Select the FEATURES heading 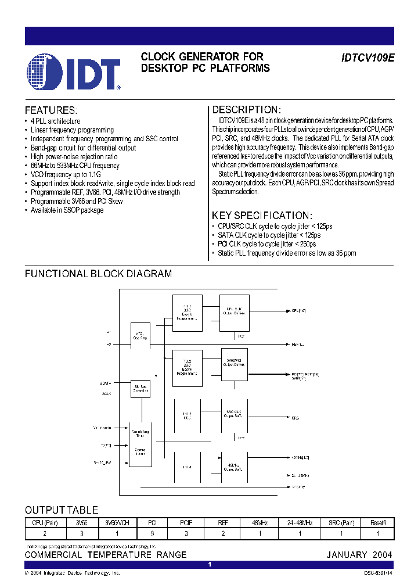pos(51,110)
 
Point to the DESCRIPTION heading pos(246,110)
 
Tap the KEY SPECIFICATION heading pos(262,215)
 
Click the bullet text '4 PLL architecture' pos(56,121)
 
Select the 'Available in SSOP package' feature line pos(67,210)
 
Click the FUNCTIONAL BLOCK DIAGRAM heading pos(98,274)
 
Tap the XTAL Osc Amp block pos(140,336)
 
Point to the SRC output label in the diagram pos(295,418)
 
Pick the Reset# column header pos(378,523)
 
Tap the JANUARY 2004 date pos(359,555)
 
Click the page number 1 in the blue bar pos(210,564)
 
